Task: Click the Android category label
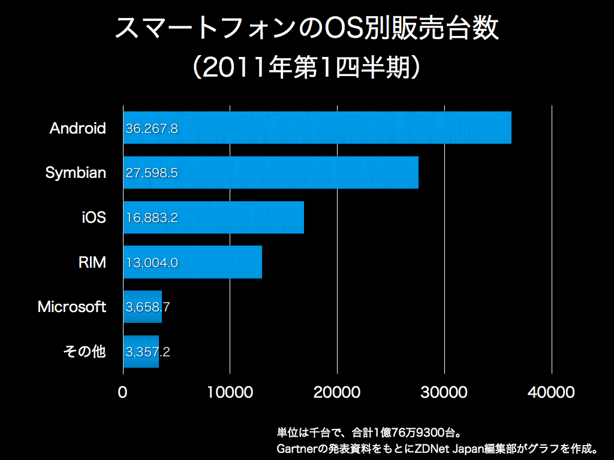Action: point(78,128)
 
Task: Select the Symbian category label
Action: point(76,173)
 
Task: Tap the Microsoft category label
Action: point(72,307)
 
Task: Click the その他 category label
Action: point(85,352)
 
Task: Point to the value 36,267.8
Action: point(152,128)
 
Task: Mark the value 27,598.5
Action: point(152,173)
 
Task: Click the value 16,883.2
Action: point(152,218)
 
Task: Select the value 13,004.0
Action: point(152,262)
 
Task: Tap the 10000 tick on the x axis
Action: point(230,392)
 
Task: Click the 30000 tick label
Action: point(444,392)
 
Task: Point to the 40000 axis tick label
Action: point(551,392)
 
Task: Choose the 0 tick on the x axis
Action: point(123,392)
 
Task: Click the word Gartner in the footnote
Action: point(294,448)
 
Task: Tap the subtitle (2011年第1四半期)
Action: point(307,67)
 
